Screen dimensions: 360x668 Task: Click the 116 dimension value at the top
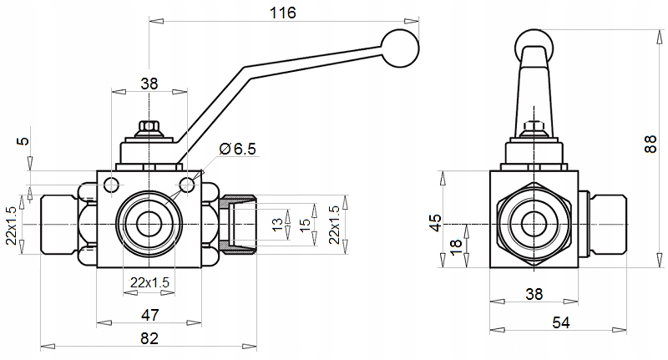284,13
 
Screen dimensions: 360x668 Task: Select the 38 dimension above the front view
149,84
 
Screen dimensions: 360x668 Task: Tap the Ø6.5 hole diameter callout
237,149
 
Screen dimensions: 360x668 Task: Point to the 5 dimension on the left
23,142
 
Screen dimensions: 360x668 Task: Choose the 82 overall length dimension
149,338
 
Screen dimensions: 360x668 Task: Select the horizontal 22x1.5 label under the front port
149,282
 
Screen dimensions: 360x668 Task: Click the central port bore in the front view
149,224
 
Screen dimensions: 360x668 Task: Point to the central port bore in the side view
531,224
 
